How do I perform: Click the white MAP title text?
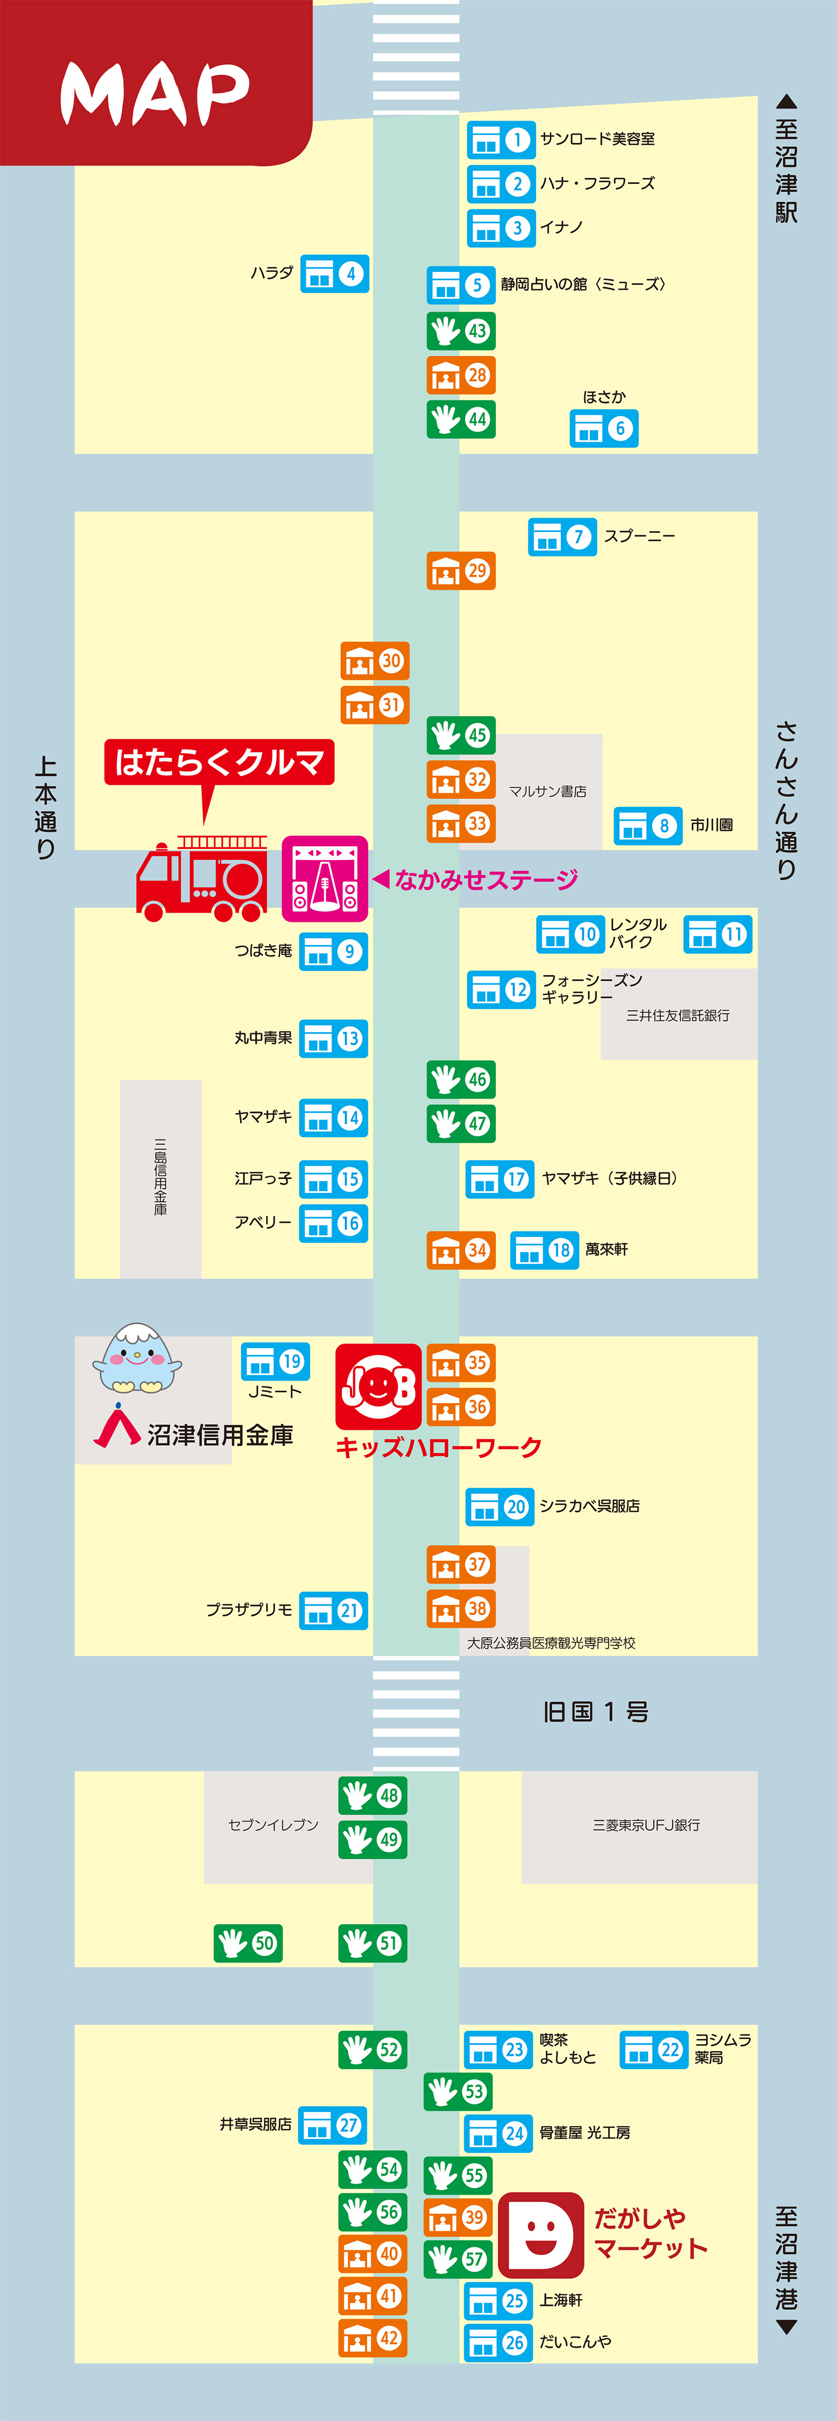pyautogui.click(x=155, y=93)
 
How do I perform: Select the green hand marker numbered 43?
pyautogui.click(x=460, y=331)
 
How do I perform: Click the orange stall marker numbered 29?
pyautogui.click(x=460, y=570)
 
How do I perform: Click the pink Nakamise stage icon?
pyautogui.click(x=325, y=878)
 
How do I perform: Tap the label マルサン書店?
pyautogui.click(x=547, y=791)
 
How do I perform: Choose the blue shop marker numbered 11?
pyautogui.click(x=718, y=934)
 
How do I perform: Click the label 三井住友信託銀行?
pyautogui.click(x=677, y=1015)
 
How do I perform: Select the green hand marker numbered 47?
pyautogui.click(x=460, y=1123)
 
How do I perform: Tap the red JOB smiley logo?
pyautogui.click(x=378, y=1386)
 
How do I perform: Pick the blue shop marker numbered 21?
pyautogui.click(x=334, y=1611)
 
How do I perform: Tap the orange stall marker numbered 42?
pyautogui.click(x=373, y=2338)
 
